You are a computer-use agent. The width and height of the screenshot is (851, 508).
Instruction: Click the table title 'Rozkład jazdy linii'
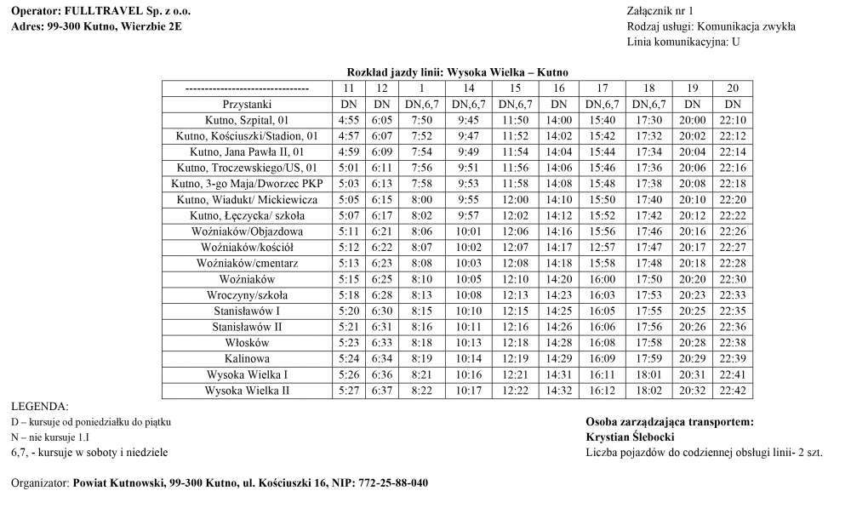(457, 72)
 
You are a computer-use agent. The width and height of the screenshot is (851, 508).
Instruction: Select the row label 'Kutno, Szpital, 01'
(247, 120)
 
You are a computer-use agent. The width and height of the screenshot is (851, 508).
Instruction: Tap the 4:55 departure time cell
(349, 120)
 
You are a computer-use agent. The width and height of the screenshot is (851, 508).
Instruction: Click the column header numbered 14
(468, 88)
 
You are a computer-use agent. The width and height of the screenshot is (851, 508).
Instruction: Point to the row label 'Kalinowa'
(247, 358)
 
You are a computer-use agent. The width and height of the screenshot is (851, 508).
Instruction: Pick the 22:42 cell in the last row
(733, 391)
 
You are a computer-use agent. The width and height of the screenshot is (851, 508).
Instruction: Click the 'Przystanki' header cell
(247, 104)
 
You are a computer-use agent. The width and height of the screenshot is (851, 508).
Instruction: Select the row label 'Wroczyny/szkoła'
(247, 294)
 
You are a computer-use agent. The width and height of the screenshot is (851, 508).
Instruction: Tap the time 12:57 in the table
(602, 247)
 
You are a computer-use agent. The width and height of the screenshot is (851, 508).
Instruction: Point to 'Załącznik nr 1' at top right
(660, 10)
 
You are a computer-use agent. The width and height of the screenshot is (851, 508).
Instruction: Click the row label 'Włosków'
(247, 342)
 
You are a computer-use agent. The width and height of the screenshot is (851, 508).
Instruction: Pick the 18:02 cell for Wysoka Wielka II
(648, 391)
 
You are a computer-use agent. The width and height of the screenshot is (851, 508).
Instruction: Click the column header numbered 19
(692, 88)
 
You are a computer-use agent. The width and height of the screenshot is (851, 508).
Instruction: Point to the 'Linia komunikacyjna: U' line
(683, 42)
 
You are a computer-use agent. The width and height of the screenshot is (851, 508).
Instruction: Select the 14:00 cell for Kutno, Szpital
(558, 120)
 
